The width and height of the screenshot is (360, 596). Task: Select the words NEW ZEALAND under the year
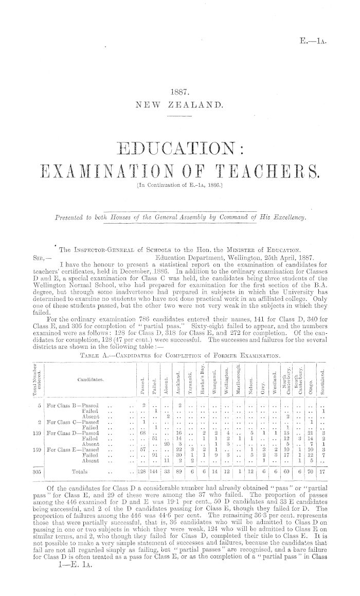pyautogui.click(x=180, y=107)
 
